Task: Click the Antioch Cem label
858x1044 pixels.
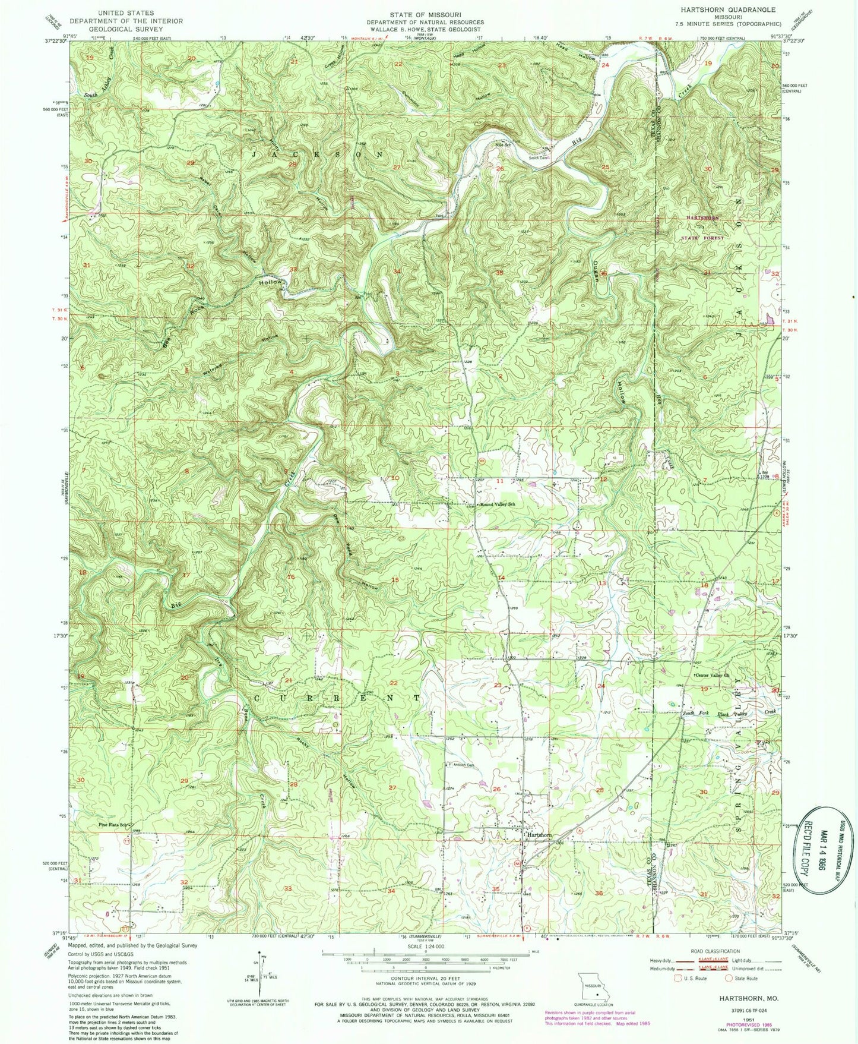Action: [x=464, y=765]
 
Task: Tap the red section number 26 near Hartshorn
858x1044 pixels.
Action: [x=496, y=789]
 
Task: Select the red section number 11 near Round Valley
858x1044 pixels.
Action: [x=500, y=481]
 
